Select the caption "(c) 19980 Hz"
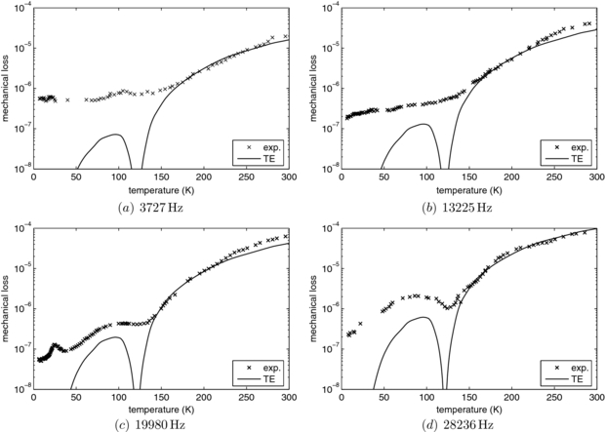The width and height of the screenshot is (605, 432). click(x=162, y=425)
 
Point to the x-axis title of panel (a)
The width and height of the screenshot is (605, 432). click(x=162, y=187)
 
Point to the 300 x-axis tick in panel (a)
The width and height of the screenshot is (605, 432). click(x=289, y=177)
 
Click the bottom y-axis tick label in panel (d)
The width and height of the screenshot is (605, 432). click(x=326, y=388)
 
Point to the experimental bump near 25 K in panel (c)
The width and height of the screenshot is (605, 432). click(x=55, y=345)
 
